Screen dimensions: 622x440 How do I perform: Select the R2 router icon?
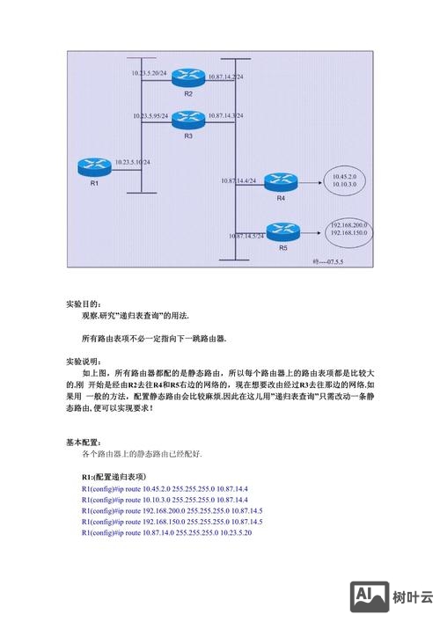point(187,78)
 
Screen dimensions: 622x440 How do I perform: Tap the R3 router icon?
point(187,118)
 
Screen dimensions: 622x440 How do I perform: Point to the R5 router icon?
point(282,232)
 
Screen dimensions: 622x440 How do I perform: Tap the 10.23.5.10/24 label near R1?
point(132,162)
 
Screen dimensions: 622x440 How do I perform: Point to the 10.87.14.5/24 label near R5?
point(246,236)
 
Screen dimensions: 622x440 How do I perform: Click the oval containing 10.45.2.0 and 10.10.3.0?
point(344,181)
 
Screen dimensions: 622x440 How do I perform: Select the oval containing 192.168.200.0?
point(350,231)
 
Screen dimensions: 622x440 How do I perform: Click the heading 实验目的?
point(84,304)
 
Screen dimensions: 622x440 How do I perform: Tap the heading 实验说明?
point(84,362)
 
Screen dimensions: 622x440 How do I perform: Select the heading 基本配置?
point(84,442)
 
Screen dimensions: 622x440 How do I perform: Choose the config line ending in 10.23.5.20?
point(166,533)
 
